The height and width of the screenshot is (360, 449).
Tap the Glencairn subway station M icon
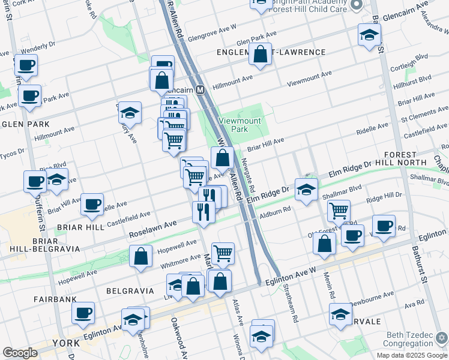(201, 89)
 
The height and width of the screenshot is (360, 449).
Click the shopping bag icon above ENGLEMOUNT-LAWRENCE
(261, 55)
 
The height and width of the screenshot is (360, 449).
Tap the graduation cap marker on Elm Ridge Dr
(306, 191)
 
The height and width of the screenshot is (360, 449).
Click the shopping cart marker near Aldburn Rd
(339, 211)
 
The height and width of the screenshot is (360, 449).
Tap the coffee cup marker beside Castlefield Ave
(92, 205)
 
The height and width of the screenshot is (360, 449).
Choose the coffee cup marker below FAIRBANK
(83, 313)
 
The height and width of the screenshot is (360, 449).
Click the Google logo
(20, 353)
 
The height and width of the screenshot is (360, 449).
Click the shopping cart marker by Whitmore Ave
(223, 253)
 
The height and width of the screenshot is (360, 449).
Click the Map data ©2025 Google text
(411, 355)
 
